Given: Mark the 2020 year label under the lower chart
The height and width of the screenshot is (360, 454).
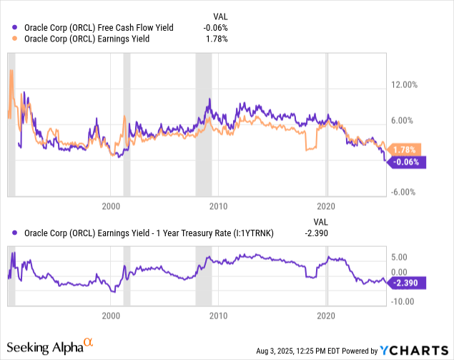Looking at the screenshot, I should click(326, 315).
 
